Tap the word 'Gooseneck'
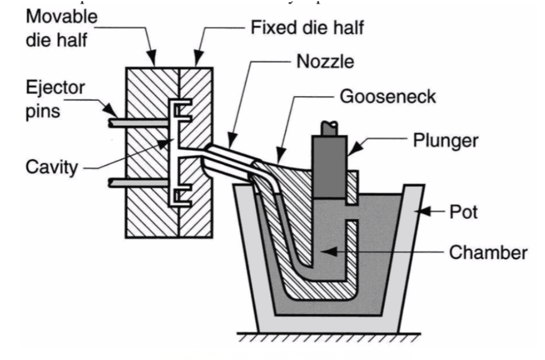387,95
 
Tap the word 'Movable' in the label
61,17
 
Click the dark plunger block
329,165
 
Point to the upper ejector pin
142,123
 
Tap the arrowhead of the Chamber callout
324,251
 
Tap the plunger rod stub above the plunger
328,127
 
